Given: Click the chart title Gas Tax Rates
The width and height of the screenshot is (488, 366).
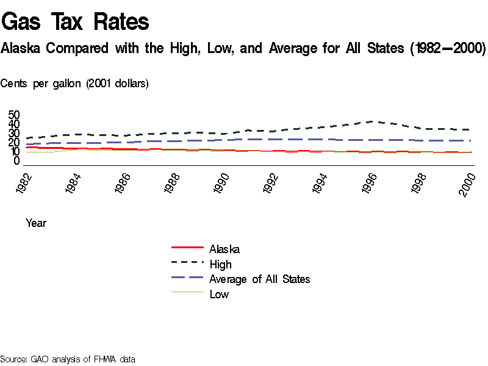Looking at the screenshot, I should coord(76,22).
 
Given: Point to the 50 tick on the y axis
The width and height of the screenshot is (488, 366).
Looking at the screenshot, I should coord(14,115).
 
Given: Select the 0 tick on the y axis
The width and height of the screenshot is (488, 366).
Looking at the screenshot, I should coord(17,161).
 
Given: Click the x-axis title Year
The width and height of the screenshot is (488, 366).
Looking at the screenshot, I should coord(36,223).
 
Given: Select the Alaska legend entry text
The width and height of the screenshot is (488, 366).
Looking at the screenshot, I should coord(224,249).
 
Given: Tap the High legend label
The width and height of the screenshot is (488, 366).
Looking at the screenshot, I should coord(220,264).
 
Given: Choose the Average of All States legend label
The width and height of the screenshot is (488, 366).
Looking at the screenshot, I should coord(259,279).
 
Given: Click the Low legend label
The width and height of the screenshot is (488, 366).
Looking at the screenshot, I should coord(219,295).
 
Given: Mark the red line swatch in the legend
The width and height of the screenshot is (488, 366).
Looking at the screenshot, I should coord(187,248).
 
